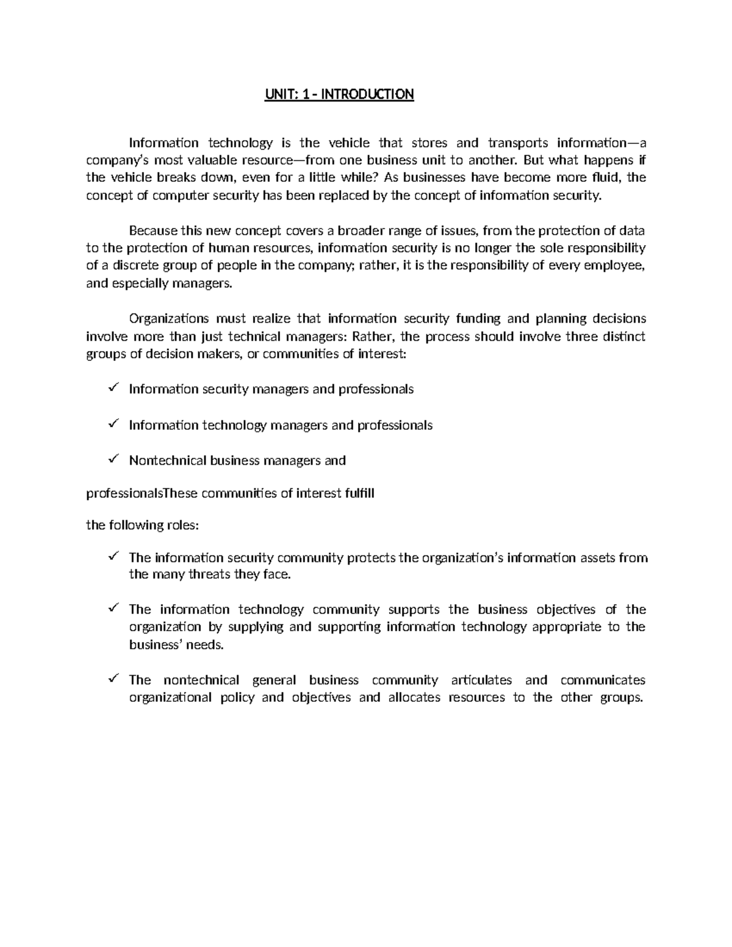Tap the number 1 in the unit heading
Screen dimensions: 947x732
[303, 95]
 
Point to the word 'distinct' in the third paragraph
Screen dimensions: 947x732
[622, 337]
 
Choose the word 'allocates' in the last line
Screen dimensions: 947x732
[414, 698]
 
